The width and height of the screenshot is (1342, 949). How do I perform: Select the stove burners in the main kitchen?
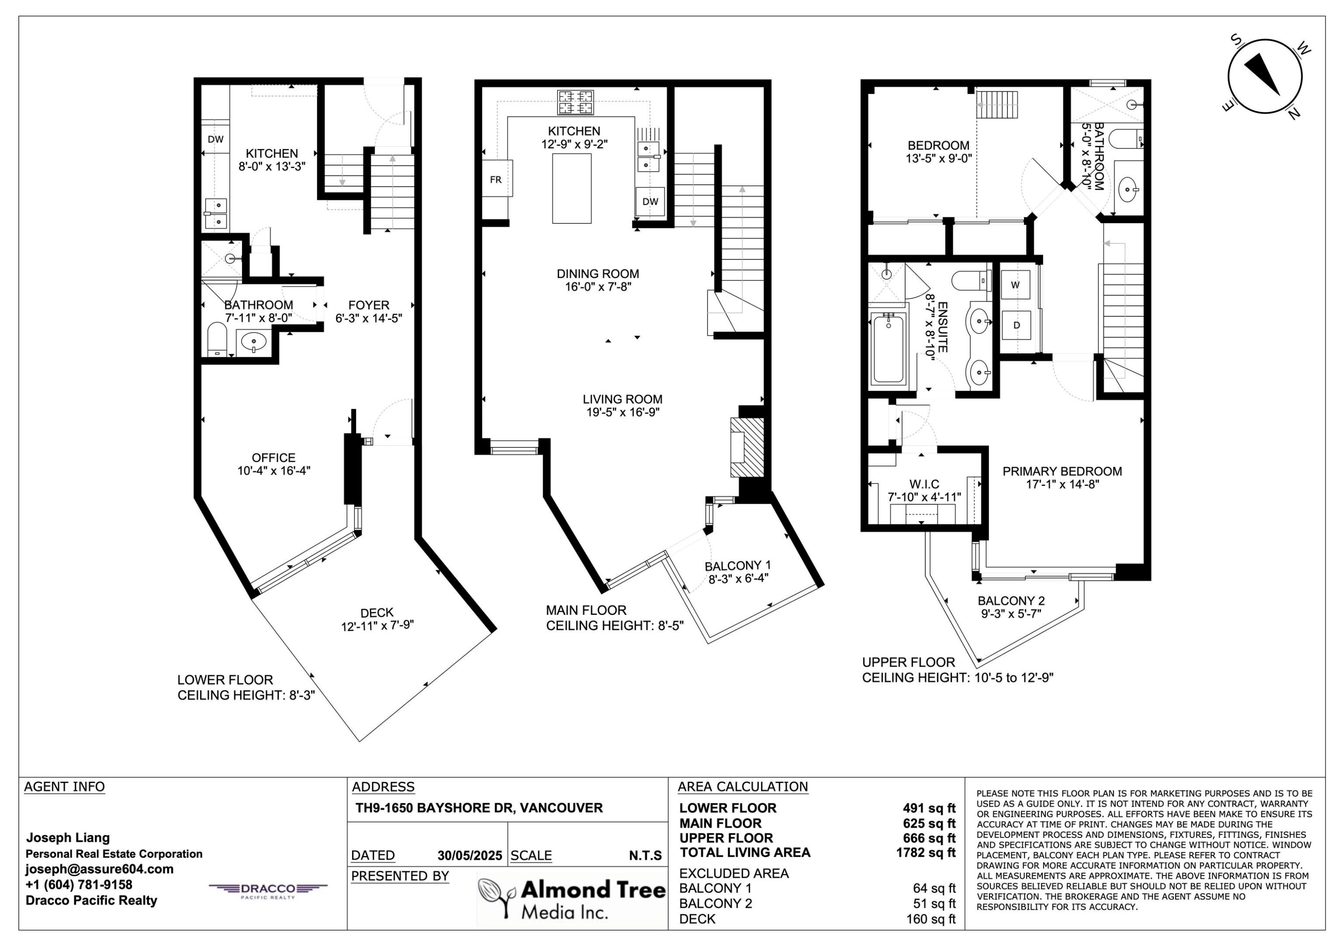(x=575, y=102)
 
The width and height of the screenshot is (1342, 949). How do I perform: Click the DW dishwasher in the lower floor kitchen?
(x=216, y=139)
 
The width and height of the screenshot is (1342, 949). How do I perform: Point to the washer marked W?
(x=1015, y=285)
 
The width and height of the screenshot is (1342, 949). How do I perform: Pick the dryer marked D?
(x=1016, y=325)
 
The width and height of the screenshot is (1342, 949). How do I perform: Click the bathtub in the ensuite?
(x=888, y=349)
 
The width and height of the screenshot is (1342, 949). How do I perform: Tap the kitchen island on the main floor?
(x=572, y=188)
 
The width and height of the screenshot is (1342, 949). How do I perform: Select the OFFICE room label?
(x=273, y=458)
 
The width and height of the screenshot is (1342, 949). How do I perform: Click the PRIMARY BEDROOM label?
(x=1062, y=471)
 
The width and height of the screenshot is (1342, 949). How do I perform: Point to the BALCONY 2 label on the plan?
(x=1011, y=600)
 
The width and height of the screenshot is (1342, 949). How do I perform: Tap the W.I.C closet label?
(x=924, y=484)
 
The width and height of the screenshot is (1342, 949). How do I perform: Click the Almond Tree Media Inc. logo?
(x=572, y=900)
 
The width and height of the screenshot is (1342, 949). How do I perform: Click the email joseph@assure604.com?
(x=99, y=869)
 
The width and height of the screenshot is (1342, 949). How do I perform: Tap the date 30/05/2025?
(x=469, y=855)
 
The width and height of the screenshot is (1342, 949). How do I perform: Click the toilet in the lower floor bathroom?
(x=217, y=339)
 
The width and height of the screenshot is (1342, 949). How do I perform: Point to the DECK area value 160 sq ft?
(x=930, y=919)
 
